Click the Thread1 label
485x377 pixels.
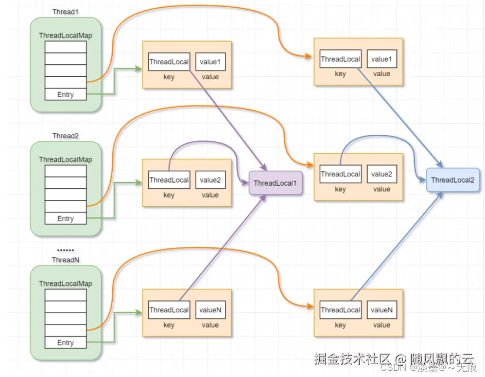(x=65, y=12)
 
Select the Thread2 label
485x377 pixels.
(x=65, y=136)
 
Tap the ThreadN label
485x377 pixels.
(x=65, y=260)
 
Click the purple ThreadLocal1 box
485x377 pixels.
(x=275, y=183)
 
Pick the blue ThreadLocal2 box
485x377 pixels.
(x=453, y=180)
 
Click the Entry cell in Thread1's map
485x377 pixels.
(x=65, y=95)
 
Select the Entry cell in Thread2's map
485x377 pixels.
(x=65, y=219)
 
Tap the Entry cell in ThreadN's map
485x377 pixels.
(x=65, y=343)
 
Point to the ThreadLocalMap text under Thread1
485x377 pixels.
(x=65, y=35)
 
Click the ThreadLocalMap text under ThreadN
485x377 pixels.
(x=65, y=283)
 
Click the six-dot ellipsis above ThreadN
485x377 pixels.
(x=65, y=249)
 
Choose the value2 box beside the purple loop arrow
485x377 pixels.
(x=210, y=180)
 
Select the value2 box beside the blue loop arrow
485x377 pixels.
(x=382, y=174)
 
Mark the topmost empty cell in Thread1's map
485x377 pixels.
(x=65, y=47)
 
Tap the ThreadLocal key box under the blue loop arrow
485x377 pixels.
(x=340, y=174)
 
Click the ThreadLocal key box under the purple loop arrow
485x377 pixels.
(x=169, y=180)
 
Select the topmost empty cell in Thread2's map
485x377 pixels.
(x=65, y=171)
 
